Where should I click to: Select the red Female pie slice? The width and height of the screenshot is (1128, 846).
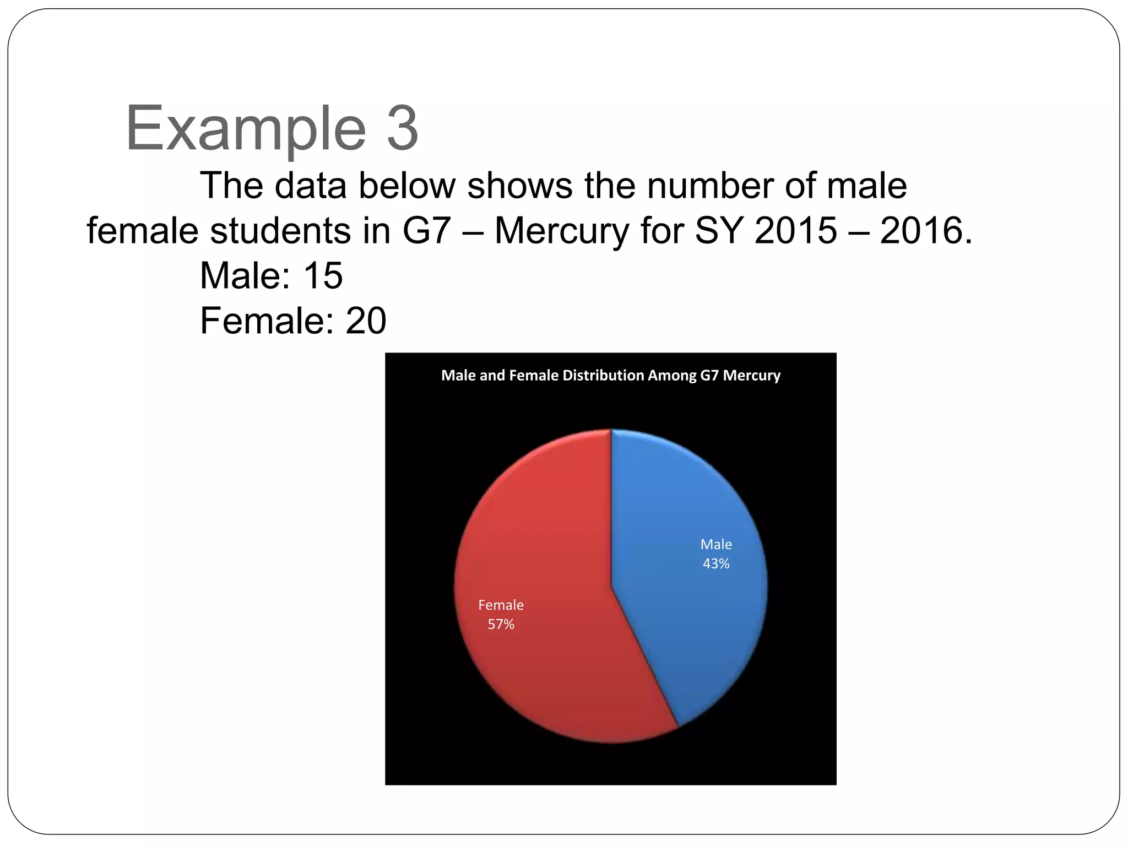point(540,551)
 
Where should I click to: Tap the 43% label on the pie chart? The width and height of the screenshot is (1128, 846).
point(716,563)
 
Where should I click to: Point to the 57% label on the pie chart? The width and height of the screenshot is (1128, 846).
point(501,624)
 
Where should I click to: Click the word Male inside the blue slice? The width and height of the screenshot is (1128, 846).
point(716,544)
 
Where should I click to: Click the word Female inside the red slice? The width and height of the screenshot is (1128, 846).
point(501,605)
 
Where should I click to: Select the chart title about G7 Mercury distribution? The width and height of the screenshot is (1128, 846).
point(610,375)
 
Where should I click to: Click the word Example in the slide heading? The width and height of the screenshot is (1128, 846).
point(246,129)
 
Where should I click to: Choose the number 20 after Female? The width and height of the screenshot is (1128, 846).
point(366,321)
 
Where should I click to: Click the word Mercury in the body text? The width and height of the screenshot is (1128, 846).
point(562,230)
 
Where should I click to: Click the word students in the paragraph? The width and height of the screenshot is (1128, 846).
point(280,230)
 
